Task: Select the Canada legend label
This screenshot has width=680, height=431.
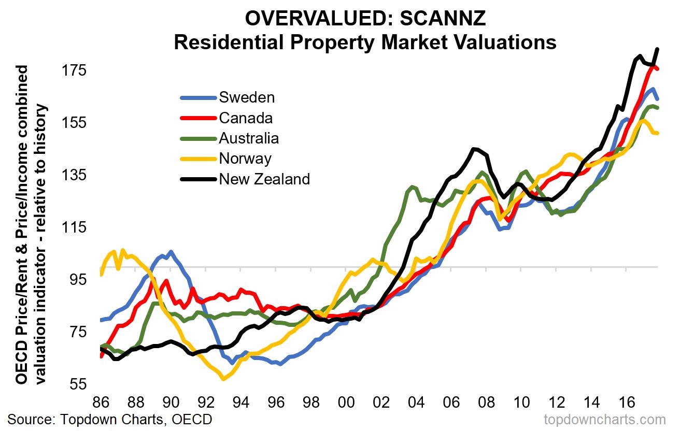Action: [246, 118]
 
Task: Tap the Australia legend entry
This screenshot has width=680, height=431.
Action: [249, 138]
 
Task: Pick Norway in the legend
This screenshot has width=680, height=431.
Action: [245, 159]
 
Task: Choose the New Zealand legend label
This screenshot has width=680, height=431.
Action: [264, 179]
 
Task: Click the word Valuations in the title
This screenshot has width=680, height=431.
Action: [503, 42]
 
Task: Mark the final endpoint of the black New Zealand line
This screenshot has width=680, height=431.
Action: [657, 49]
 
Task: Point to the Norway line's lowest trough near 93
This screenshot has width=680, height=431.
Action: [223, 379]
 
